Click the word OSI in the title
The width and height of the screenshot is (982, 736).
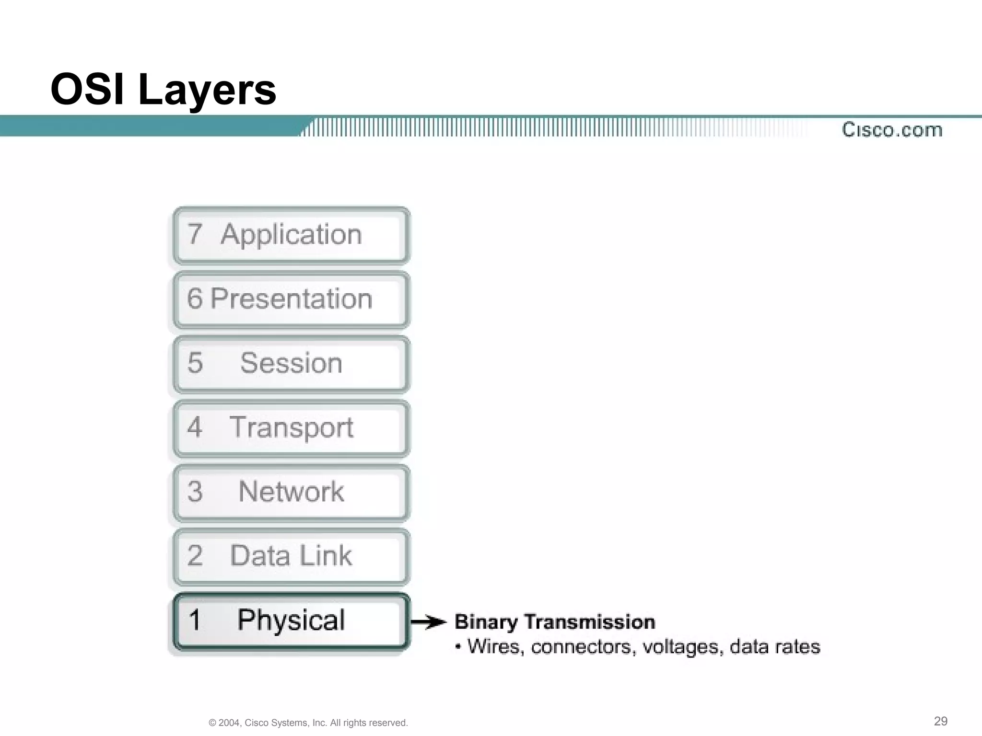[x=88, y=90]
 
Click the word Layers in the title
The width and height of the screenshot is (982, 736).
[x=207, y=91]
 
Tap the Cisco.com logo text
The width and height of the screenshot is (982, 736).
[x=892, y=130]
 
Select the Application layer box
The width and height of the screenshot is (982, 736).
[x=291, y=235]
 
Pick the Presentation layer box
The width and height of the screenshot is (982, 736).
[x=291, y=299]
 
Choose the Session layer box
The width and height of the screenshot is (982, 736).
[x=291, y=364]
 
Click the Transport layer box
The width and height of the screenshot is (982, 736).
[x=291, y=428]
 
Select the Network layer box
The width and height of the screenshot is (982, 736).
[x=291, y=492]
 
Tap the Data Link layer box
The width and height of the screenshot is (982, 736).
[x=291, y=556]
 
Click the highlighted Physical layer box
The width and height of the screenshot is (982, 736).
[x=291, y=621]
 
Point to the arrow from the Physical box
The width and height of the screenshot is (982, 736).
[x=429, y=622]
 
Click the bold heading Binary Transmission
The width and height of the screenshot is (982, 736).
[x=555, y=622]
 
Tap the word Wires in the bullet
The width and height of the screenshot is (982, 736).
[x=494, y=647]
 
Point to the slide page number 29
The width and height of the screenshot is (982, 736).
[x=940, y=721]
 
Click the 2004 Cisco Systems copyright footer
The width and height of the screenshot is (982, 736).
[x=308, y=723]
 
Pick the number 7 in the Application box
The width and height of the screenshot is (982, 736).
[x=194, y=234]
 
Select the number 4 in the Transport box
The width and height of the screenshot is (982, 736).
[x=194, y=427]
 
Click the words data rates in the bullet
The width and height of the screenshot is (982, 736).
[x=775, y=647]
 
